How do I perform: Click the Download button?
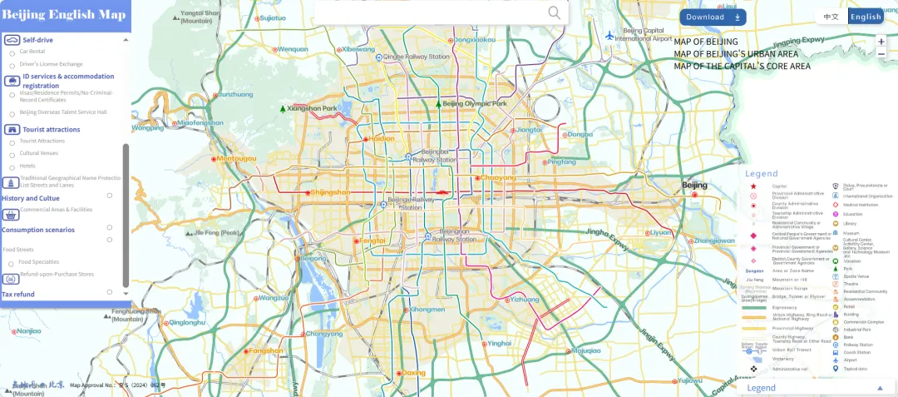(x=712, y=17)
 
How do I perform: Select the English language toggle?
(x=866, y=17)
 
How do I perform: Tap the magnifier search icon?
(x=555, y=12)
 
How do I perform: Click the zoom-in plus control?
(x=881, y=42)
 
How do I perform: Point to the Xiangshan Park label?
(x=311, y=109)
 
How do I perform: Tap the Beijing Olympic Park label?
(x=474, y=104)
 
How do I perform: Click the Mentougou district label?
(x=237, y=158)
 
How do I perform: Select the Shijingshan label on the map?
(x=329, y=192)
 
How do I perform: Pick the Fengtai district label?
(x=372, y=241)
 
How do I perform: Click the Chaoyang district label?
(x=498, y=177)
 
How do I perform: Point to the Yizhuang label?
(x=525, y=299)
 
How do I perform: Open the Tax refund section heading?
(x=18, y=294)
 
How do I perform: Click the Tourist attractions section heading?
(x=51, y=129)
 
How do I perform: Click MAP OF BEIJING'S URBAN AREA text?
(x=736, y=54)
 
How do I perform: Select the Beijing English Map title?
(x=64, y=15)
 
